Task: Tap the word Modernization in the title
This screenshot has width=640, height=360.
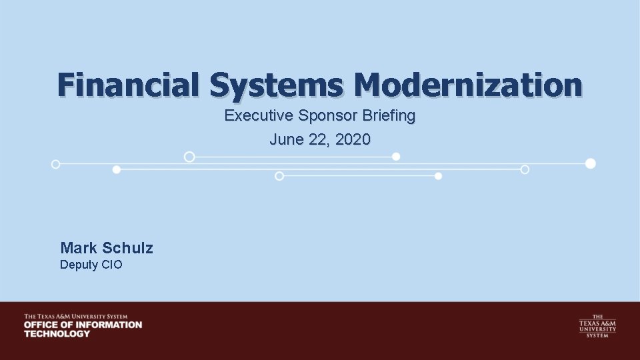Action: pos(468,85)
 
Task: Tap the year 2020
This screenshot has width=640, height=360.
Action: pos(354,140)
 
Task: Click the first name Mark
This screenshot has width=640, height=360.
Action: pos(79,248)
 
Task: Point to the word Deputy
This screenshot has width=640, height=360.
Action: pos(79,265)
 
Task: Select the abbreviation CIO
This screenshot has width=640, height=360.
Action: pos(112,265)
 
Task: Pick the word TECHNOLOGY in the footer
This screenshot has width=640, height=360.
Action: pos(57,333)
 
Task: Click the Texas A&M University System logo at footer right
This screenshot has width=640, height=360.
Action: pos(597,326)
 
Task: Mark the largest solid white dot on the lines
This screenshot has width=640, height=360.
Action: pos(590,163)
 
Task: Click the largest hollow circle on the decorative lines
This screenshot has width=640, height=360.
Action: pos(189,157)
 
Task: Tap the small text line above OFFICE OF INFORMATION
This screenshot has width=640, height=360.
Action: pos(75,316)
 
